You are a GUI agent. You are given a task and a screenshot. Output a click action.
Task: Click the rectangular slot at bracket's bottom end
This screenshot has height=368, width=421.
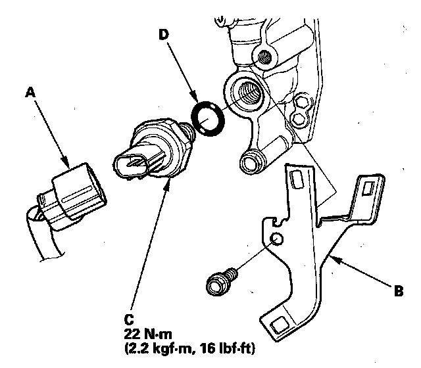pyautogui.click(x=279, y=323)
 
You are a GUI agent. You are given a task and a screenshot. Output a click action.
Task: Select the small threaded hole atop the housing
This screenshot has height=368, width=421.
pyautogui.click(x=266, y=55)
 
